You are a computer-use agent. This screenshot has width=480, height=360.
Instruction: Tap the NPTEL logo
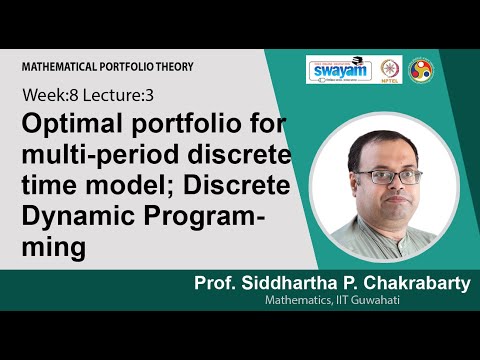[x=391, y=70]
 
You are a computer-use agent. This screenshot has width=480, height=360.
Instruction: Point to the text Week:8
[x=46, y=96]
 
